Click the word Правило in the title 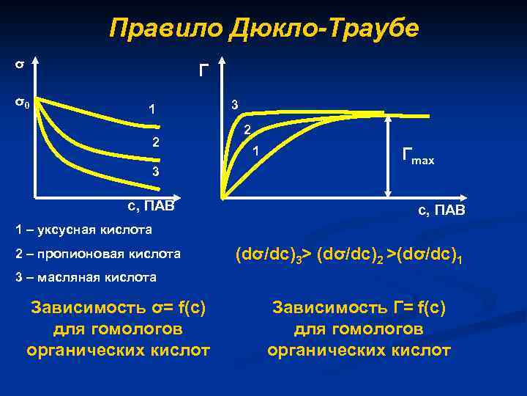(x=165, y=29)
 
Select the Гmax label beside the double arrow (x=418, y=155)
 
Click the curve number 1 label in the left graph (x=151, y=111)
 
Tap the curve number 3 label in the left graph (x=155, y=172)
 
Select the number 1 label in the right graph (x=255, y=152)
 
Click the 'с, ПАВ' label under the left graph (x=147, y=205)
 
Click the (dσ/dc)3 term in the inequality (x=267, y=256)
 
